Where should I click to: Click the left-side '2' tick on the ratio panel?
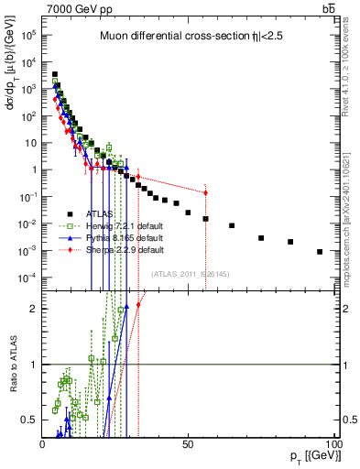point(34,309)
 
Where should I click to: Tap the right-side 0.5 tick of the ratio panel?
point(348,420)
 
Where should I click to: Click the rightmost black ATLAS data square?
point(320,252)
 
